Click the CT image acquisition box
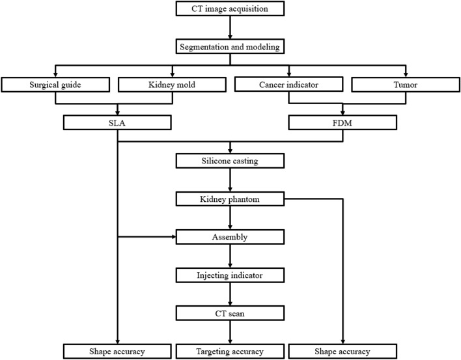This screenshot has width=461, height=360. [x=230, y=9]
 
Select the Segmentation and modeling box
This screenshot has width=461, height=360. [x=230, y=47]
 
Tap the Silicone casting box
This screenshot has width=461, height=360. [x=230, y=160]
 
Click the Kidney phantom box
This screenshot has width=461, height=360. [x=230, y=199]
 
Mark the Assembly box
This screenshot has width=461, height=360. [x=230, y=237]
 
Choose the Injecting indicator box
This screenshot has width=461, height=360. [x=230, y=275]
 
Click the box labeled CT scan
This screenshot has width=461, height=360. [x=230, y=313]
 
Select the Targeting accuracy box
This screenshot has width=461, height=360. [x=230, y=352]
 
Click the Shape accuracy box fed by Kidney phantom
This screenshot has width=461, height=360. [x=342, y=352]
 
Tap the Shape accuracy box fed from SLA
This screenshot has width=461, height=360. [x=117, y=352]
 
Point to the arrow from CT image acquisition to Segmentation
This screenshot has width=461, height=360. [x=230, y=28]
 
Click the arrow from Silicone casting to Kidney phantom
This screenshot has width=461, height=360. [x=230, y=180]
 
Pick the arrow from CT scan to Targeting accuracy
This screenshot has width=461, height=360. [x=230, y=333]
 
